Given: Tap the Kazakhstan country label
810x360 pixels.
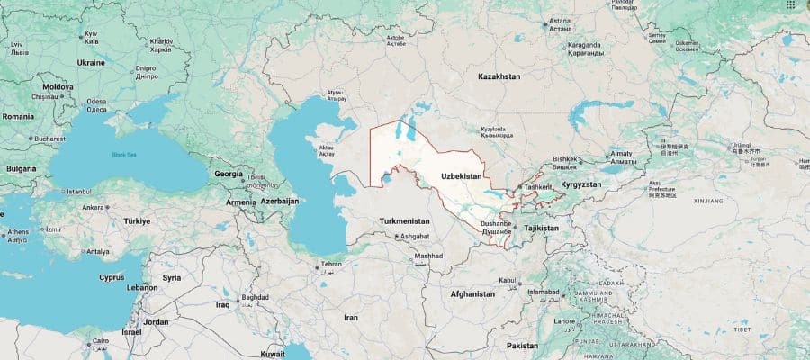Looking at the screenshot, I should pos(499,77).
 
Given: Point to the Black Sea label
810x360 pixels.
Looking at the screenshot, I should pos(124,155).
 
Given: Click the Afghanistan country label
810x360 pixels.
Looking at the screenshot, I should pos(472,294).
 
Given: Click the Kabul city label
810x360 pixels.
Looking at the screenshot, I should pos(507,281).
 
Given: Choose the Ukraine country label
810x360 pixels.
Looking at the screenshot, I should pos(91,63).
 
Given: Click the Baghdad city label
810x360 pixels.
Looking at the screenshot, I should pos(255,297).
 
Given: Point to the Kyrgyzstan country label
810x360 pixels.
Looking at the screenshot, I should pos(580,184).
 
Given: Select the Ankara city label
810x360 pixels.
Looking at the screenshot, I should pos(94,207).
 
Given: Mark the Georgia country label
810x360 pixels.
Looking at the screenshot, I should pos(228,174).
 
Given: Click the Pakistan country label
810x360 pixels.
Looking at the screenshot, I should pos(521,346).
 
